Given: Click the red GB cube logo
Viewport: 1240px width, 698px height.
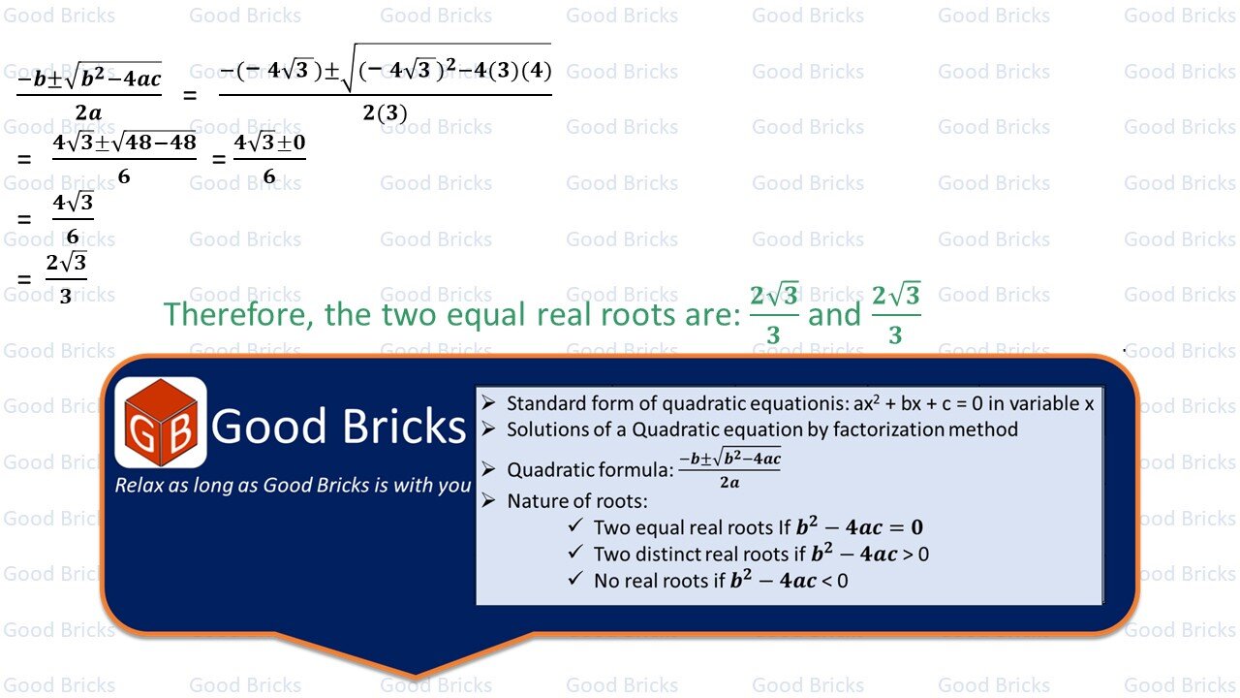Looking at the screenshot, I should [x=161, y=423].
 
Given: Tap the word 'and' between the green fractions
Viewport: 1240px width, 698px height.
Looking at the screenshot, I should [x=834, y=314].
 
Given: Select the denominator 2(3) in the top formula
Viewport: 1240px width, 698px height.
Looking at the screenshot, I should [x=385, y=112].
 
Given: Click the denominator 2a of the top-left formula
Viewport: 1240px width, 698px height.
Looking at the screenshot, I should [x=88, y=112].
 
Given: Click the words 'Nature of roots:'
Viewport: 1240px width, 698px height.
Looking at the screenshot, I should [x=577, y=501].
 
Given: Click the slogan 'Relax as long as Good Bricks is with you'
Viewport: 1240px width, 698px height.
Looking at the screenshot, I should [x=293, y=485].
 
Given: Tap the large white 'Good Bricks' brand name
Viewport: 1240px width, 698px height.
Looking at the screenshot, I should [x=339, y=427].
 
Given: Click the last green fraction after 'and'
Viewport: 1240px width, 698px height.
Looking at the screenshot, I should [x=895, y=314].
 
